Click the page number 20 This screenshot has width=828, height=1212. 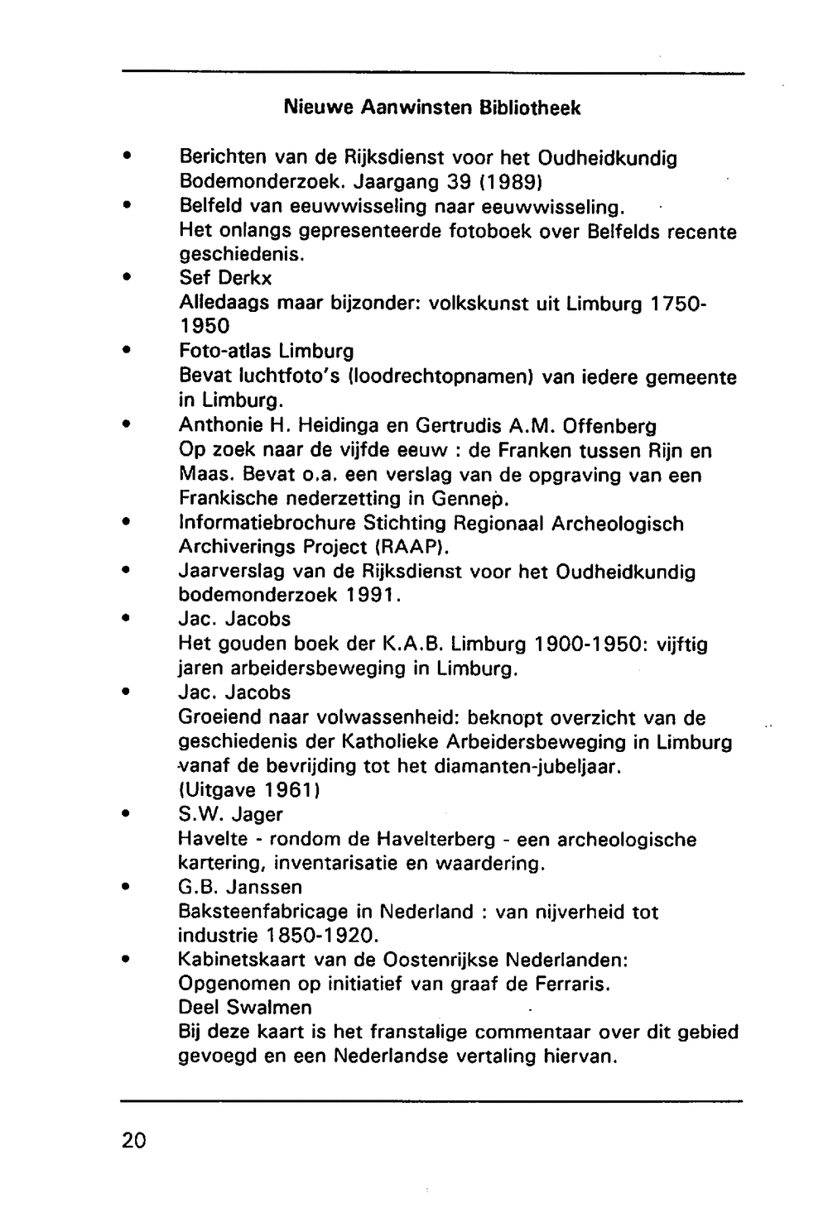[x=133, y=1140]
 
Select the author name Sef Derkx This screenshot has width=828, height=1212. [x=225, y=278]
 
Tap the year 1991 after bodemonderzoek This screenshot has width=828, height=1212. [x=374, y=596]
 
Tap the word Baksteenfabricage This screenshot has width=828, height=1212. [x=263, y=913]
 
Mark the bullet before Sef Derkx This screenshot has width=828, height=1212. [x=126, y=278]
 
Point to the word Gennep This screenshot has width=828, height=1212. [x=468, y=500]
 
